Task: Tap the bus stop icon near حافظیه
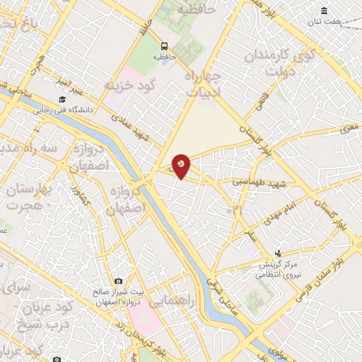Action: (x=164, y=43)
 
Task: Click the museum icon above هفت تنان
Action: (x=324, y=11)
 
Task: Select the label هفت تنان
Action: (x=327, y=22)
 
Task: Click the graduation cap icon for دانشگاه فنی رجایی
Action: (x=62, y=99)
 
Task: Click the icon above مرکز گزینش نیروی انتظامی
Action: (x=277, y=252)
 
